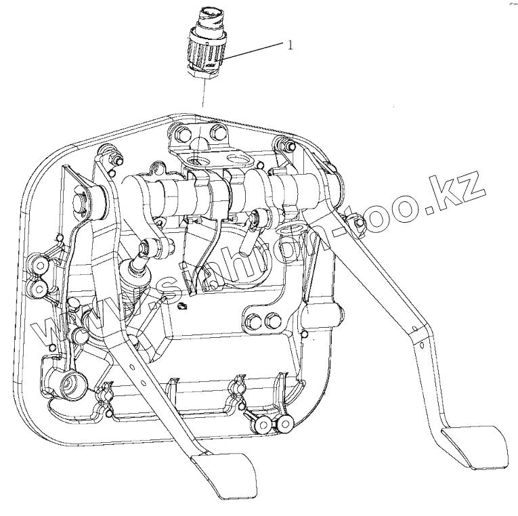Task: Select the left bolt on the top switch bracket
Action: click(180, 131)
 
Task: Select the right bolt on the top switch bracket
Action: click(216, 131)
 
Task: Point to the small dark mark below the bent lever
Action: click(181, 309)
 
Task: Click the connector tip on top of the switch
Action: click(205, 14)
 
